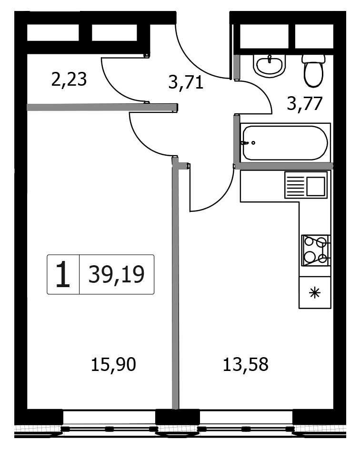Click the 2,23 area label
click(69, 80)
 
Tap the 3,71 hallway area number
click(186, 82)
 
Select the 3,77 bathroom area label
click(305, 104)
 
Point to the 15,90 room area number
click(113, 364)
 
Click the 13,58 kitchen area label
click(245, 364)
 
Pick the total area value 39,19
click(116, 275)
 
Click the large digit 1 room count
click(63, 275)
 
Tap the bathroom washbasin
click(270, 66)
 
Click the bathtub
click(285, 143)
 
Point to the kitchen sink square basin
click(316, 186)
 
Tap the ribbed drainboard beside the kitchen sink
click(295, 187)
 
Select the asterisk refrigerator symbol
click(315, 293)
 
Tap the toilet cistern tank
click(313, 59)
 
